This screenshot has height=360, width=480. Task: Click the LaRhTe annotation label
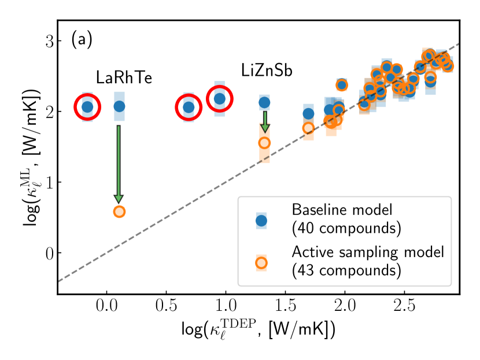click(x=124, y=77)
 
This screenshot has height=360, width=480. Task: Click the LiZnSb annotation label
click(x=267, y=71)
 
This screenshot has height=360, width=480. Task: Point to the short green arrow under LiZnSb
click(x=265, y=121)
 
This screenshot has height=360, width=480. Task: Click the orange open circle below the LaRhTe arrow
click(x=119, y=211)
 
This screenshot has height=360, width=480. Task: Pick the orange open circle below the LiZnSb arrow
click(x=264, y=143)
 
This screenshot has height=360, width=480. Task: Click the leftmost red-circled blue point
click(x=87, y=107)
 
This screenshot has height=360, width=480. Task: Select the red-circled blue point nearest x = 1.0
click(x=220, y=99)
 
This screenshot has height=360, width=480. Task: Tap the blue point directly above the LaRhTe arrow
click(x=119, y=106)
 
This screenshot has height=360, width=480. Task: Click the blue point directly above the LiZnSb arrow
click(x=264, y=103)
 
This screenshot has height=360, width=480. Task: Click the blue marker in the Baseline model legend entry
click(x=261, y=220)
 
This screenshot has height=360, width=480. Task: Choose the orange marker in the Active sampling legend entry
click(x=261, y=262)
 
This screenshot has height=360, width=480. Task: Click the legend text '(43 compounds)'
click(x=338, y=270)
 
